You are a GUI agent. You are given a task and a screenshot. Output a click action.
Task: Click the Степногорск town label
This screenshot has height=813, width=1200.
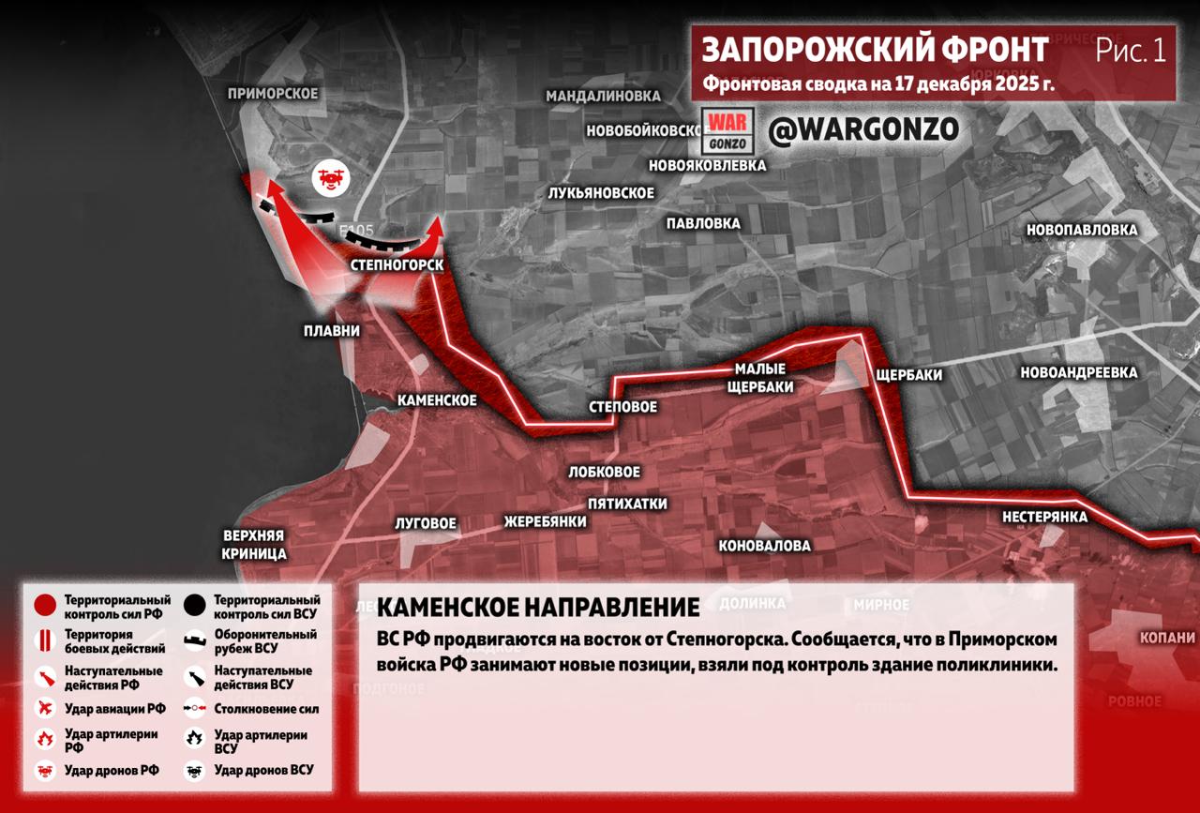click(396, 265)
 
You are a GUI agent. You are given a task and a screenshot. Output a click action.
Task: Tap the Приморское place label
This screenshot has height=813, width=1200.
click(273, 93)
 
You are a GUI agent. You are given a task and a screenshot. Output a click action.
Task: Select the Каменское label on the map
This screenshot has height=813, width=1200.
click(437, 400)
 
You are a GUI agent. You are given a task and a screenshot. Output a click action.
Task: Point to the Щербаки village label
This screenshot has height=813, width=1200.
click(907, 375)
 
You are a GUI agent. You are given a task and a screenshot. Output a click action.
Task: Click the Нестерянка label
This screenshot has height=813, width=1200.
click(1044, 517)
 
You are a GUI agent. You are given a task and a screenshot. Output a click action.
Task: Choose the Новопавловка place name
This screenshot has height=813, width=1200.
click(1082, 230)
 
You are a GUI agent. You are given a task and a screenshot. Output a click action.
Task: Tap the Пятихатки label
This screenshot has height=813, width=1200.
click(627, 504)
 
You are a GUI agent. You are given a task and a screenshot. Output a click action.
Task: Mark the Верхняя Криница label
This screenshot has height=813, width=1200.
click(254, 545)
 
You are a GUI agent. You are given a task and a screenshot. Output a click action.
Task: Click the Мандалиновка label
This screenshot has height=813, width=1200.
click(603, 96)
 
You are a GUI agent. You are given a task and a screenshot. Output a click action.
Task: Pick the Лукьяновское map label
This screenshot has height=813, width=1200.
click(601, 192)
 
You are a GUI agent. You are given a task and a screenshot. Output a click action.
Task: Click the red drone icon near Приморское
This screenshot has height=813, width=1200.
click(330, 178)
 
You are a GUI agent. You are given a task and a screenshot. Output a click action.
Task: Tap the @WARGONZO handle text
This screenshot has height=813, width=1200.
click(863, 130)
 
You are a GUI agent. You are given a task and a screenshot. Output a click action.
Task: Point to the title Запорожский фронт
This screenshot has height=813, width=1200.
click(875, 50)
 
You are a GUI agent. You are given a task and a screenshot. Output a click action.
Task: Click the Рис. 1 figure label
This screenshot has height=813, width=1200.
click(1131, 51)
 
